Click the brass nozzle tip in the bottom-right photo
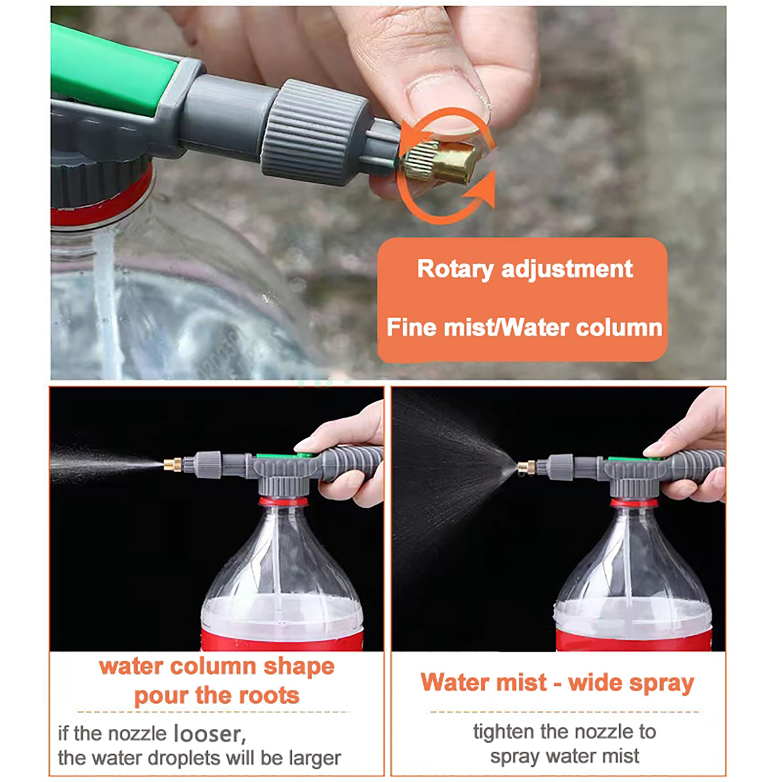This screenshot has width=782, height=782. tap(526, 467)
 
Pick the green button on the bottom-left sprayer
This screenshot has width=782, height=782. tap(283, 456)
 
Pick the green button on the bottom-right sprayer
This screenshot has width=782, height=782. tap(634, 459)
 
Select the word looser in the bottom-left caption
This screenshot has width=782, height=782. tap(208, 734)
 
